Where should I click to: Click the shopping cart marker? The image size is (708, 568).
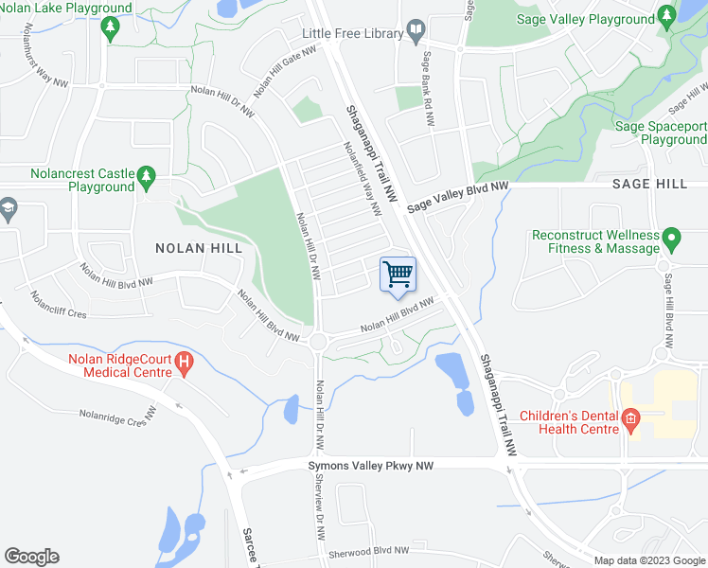(x=398, y=275)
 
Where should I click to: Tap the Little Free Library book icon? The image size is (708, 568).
(x=416, y=33)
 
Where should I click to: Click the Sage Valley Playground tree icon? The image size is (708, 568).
(x=668, y=19)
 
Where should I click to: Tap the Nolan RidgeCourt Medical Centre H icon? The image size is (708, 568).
(x=184, y=361)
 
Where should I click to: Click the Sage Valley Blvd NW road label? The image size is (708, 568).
(x=458, y=199)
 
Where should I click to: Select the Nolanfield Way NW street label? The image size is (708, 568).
(x=362, y=176)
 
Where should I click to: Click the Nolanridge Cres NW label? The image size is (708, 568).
(x=117, y=415)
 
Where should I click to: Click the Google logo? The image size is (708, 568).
(x=31, y=557)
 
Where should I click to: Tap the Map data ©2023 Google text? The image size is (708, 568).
(x=648, y=560)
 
